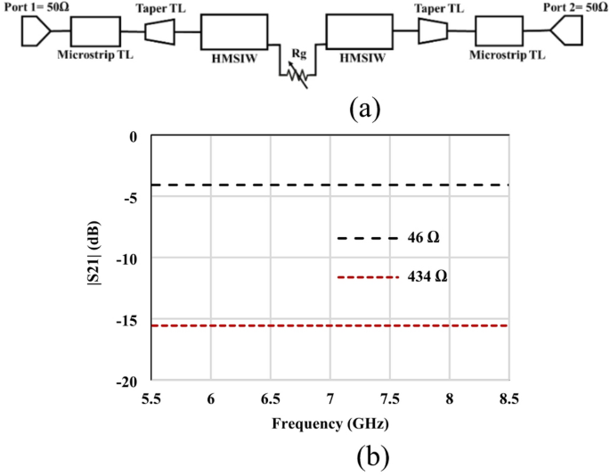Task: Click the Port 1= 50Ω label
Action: pos(34,7)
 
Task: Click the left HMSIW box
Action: pos(232,33)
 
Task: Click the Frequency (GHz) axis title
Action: pos(329,421)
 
